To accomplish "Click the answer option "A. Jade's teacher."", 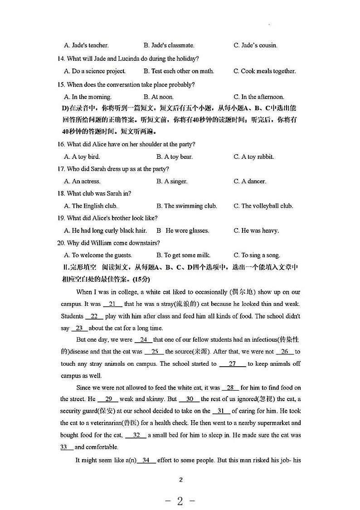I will [87, 45].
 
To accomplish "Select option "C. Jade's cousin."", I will [255, 45].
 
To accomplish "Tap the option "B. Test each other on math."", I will [179, 71].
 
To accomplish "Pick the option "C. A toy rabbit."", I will [254, 157].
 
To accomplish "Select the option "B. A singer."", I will [172, 181].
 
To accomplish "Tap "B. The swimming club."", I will [187, 206].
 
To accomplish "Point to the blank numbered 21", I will [112, 304].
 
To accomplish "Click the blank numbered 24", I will [144, 339].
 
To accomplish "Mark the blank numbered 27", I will [233, 364].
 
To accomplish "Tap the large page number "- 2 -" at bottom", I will [180, 501].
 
